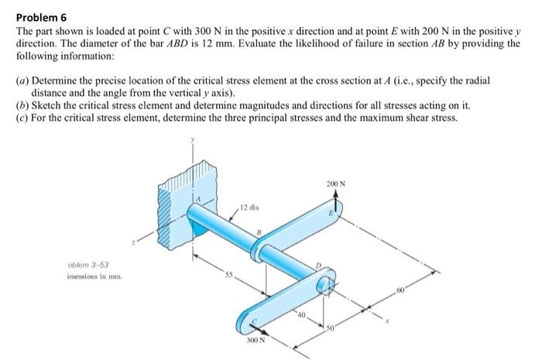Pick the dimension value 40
(x=301, y=314)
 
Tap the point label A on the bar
(x=197, y=200)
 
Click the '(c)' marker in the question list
(x=23, y=118)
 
